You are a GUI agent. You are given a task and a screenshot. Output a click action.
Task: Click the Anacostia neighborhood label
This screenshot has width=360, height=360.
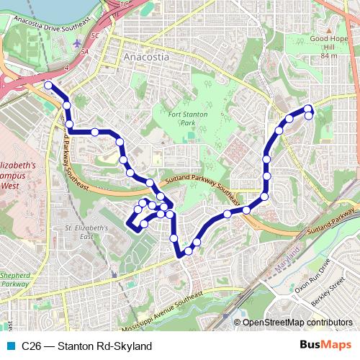145,56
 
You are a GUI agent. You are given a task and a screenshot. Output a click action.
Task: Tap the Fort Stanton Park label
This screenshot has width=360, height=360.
189,119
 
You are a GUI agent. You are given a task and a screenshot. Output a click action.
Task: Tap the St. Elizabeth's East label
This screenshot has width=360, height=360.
85,233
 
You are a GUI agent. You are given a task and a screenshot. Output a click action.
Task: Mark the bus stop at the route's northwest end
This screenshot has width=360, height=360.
48,86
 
